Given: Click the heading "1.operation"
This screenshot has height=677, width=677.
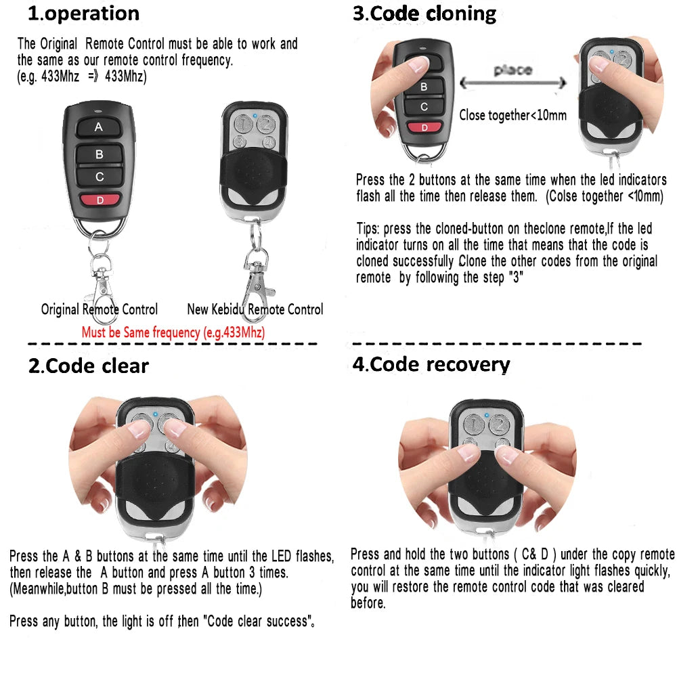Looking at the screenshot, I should click(x=83, y=14).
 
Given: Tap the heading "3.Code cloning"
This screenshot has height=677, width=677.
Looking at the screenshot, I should click(x=424, y=14).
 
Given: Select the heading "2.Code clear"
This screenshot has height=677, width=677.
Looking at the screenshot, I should click(x=89, y=366).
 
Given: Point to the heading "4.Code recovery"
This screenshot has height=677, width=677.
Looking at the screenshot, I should click(x=431, y=364).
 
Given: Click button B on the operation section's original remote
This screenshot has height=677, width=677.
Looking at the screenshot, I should click(x=99, y=154).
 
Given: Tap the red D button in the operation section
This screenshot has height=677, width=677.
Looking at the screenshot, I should click(x=99, y=200).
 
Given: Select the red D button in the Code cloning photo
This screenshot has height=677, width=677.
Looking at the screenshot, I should click(x=424, y=127).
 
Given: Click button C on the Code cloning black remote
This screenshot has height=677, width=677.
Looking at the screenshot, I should click(x=424, y=106).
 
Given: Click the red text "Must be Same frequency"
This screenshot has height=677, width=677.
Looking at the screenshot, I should click(x=173, y=332).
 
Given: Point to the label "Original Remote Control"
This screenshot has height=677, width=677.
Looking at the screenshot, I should click(x=100, y=309).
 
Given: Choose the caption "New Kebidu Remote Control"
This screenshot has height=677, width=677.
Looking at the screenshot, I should click(x=255, y=309).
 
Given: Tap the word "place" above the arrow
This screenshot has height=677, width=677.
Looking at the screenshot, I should click(x=512, y=70).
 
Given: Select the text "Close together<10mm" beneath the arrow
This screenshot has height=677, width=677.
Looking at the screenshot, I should click(x=512, y=115).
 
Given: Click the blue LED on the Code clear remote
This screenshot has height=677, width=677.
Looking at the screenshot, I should click(x=155, y=414).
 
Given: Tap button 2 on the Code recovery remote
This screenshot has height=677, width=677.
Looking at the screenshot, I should click(x=499, y=425).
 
